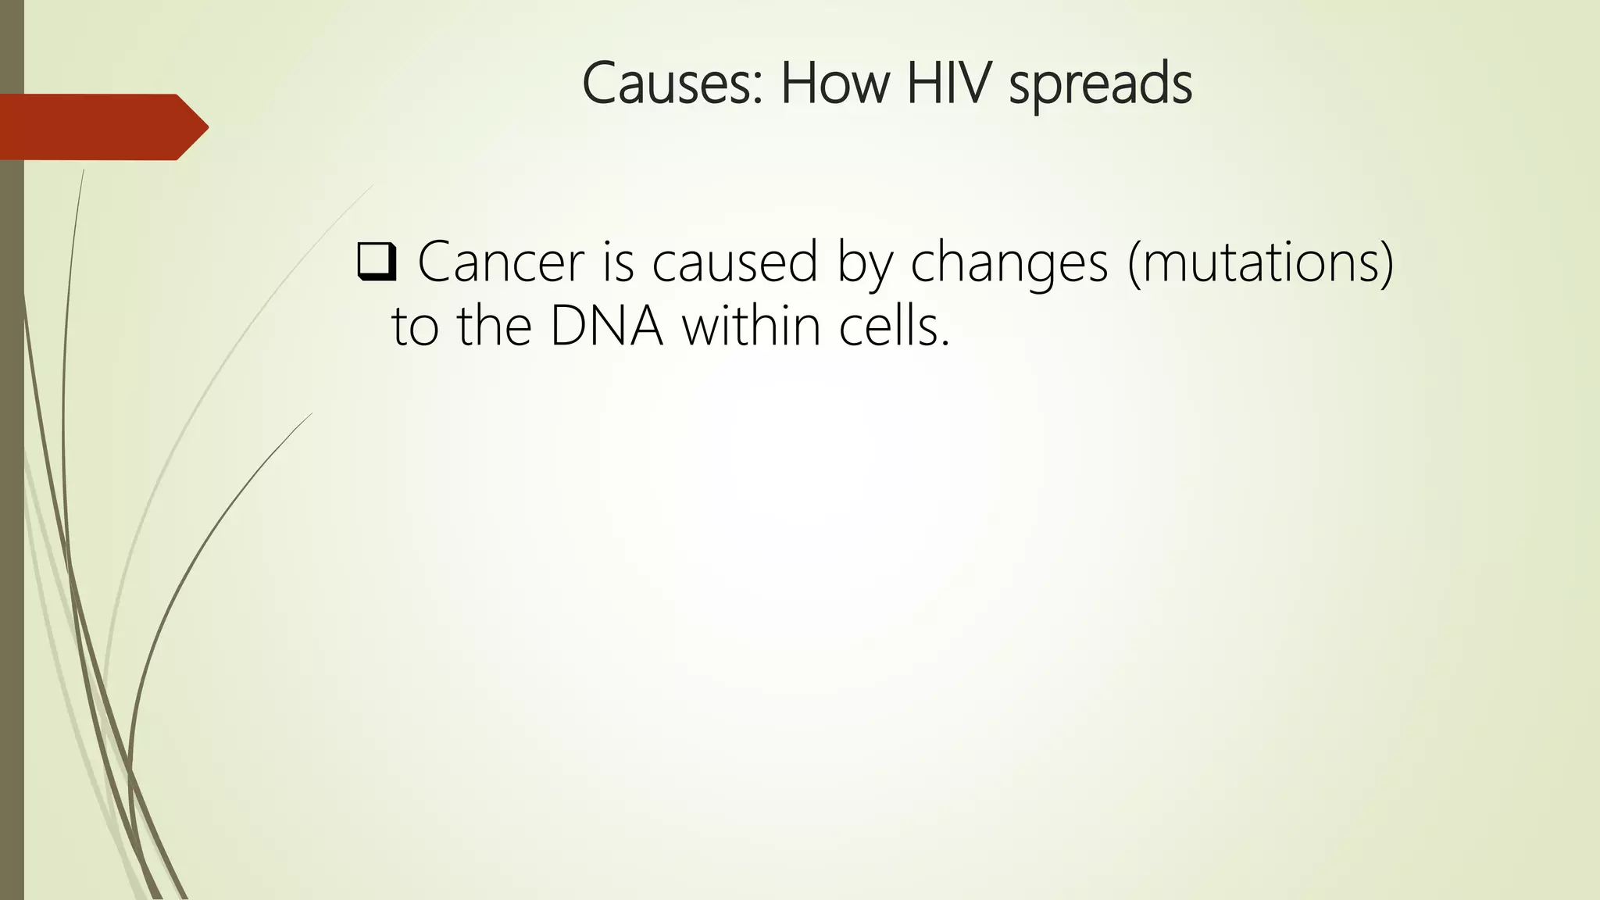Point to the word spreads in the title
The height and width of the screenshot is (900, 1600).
coord(1100,86)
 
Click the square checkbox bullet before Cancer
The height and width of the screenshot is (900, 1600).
coord(377,262)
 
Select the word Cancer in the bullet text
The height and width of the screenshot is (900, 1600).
coord(501,262)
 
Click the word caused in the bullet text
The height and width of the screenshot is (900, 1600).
coord(734,262)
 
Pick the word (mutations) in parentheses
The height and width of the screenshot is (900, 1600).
coord(1260,264)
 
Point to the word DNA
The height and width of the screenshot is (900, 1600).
coord(606,327)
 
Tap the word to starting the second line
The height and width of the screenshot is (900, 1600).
coord(414,327)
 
